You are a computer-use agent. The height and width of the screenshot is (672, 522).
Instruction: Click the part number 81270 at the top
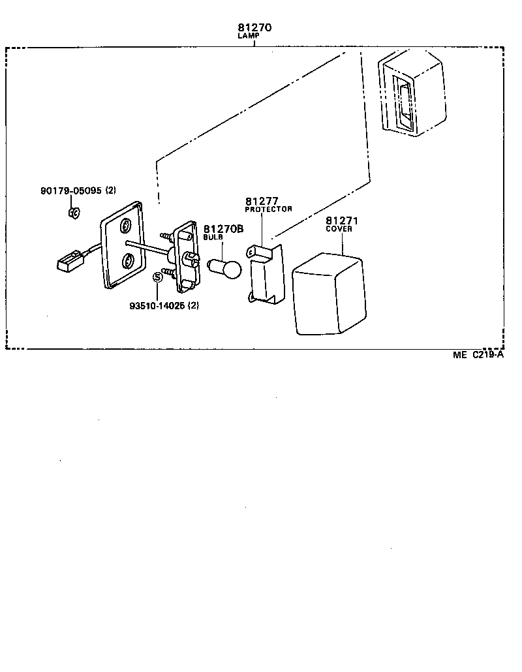254,28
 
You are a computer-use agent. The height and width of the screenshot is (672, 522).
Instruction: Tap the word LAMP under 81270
249,37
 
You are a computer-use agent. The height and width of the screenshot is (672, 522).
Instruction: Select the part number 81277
262,201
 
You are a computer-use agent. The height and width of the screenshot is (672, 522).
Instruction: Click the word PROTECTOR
268,209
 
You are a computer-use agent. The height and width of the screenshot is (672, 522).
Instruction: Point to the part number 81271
343,221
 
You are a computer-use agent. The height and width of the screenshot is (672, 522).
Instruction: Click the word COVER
339,229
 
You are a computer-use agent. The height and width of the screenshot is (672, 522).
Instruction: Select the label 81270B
223,229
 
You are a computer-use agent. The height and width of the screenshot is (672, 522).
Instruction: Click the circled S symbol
157,277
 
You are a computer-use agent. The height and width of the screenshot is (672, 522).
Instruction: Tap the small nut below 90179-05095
74,213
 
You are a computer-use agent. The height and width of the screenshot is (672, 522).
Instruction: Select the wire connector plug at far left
67,262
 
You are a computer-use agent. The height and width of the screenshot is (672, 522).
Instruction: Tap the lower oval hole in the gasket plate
129,262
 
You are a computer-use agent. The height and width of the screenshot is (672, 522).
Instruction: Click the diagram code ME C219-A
479,355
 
